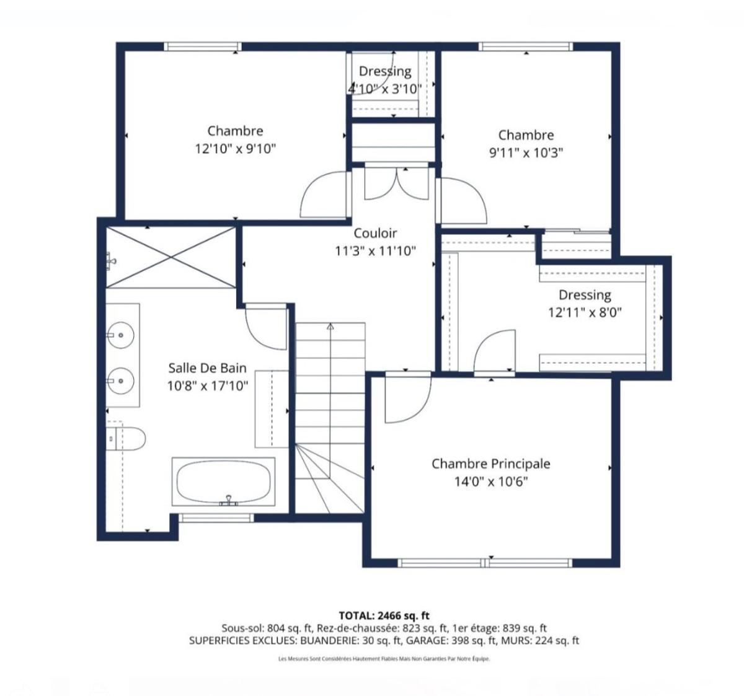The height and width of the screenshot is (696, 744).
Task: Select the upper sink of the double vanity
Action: coord(122,335)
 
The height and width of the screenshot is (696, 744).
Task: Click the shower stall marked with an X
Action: coord(170,257)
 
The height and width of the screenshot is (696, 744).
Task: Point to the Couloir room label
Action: coord(375,234)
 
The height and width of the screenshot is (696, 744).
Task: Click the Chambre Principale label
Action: coord(490,464)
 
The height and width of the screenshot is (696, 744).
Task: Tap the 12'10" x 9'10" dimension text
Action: coord(235,149)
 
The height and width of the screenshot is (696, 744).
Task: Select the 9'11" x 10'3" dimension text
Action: coord(526,152)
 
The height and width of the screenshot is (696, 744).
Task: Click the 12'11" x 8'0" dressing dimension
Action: coord(585,312)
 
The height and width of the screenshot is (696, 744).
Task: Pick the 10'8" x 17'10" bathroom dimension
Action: coord(208,385)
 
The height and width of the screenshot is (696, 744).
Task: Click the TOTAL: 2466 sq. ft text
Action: coord(384,615)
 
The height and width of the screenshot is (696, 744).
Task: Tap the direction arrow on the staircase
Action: coord(330,327)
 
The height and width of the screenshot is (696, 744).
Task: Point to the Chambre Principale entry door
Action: coord(406,400)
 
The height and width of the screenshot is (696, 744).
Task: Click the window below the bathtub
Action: coord(217,518)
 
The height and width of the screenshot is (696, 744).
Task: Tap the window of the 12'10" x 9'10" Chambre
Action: coord(203,46)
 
